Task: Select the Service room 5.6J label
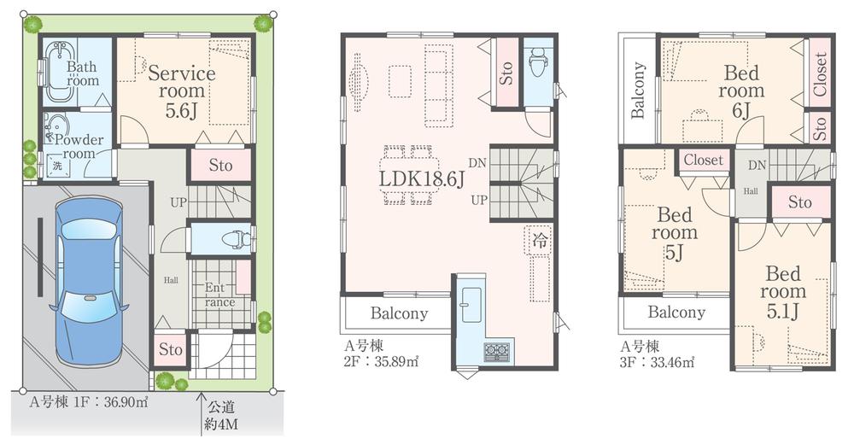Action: [181, 91]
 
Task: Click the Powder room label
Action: [78, 147]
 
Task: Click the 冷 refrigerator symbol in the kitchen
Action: [540, 240]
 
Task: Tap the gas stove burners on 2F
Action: [495, 351]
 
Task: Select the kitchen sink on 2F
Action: [471, 304]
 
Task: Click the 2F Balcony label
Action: [399, 313]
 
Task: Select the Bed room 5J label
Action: [675, 232]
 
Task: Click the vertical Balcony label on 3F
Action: [638, 91]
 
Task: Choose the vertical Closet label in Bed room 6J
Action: [820, 75]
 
